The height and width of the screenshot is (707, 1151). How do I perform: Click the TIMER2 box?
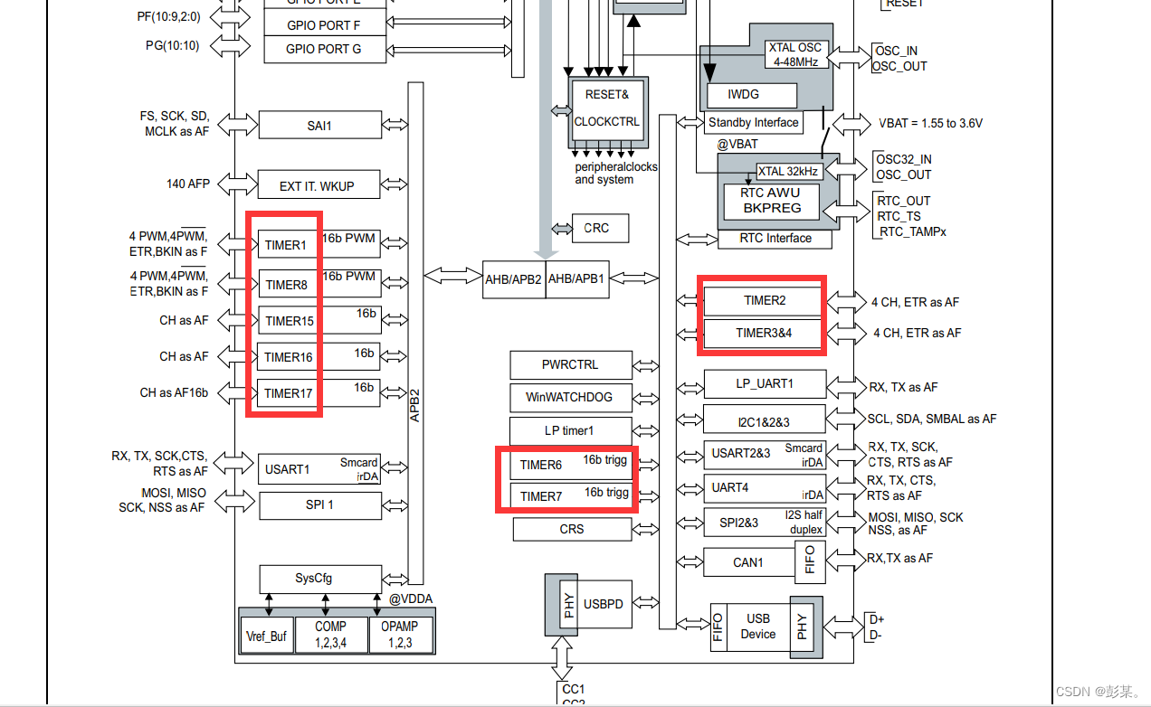(765, 300)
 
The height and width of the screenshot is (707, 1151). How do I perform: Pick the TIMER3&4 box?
(765, 333)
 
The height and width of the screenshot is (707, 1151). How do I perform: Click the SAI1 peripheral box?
(319, 126)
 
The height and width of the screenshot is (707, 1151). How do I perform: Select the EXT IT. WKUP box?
(318, 185)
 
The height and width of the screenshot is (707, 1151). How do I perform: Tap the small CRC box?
(596, 228)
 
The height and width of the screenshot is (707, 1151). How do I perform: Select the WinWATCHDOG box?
(569, 396)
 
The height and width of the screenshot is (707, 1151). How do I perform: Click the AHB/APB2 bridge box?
(513, 278)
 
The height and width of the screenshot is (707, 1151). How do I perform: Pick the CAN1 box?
(748, 562)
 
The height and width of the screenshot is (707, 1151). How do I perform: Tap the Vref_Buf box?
(267, 636)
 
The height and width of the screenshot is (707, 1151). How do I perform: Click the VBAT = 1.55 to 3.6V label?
(930, 123)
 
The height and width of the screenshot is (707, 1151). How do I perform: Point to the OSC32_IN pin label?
(903, 160)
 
